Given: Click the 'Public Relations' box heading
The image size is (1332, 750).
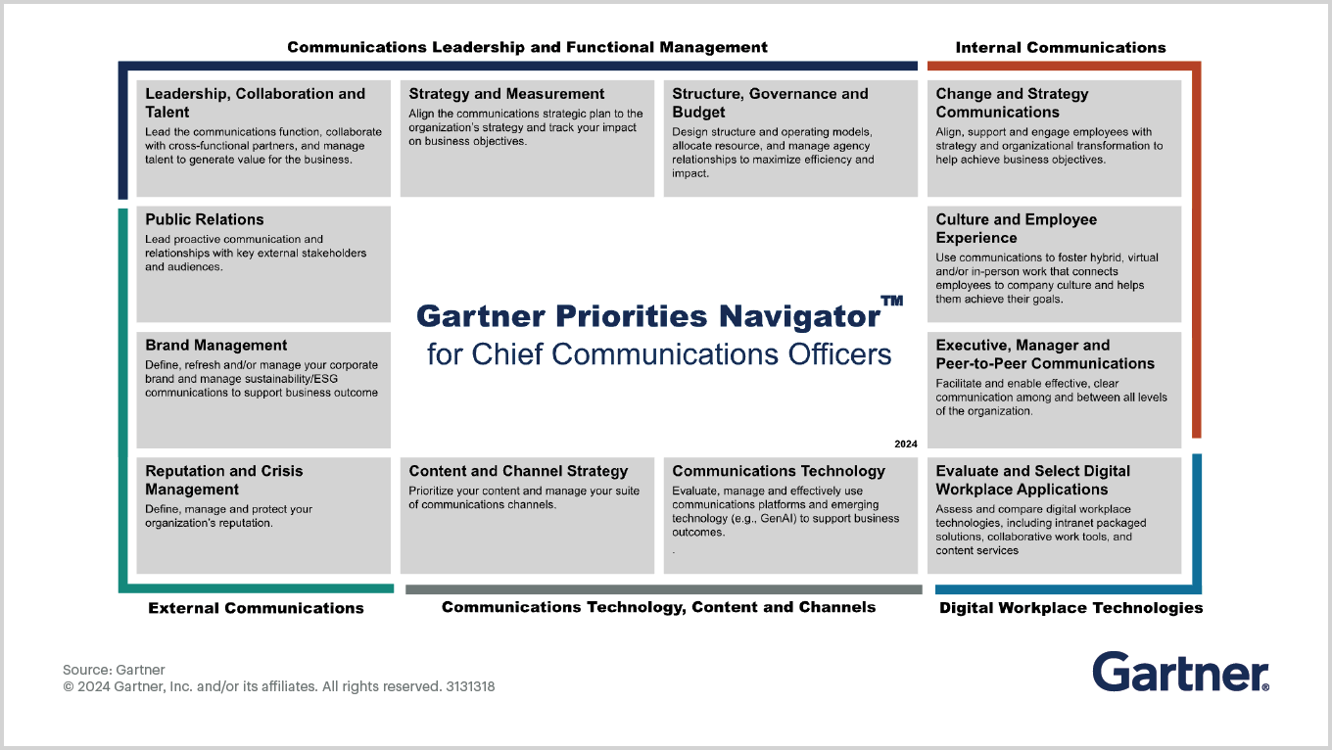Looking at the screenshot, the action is [x=204, y=219].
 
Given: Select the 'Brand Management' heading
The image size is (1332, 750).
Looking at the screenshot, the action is [x=215, y=346].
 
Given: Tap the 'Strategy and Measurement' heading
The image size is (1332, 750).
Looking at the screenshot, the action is [x=506, y=94].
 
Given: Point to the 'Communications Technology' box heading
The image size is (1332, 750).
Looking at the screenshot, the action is [x=779, y=471].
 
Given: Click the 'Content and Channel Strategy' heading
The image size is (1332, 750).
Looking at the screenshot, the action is [x=518, y=471].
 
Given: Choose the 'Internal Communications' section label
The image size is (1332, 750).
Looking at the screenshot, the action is [x=1061, y=48].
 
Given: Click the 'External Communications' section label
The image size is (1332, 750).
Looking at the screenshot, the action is [x=256, y=608].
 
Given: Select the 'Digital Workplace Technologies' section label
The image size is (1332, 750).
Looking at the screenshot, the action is [x=1070, y=608].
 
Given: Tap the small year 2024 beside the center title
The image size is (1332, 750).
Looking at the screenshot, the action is [x=906, y=444].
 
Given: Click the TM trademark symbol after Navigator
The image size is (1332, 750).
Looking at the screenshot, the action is [x=892, y=301].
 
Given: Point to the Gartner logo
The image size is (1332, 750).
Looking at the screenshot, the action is [x=1180, y=672].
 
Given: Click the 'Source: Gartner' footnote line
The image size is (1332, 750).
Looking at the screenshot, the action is [x=114, y=670].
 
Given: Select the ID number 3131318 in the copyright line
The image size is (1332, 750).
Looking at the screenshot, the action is [x=470, y=686].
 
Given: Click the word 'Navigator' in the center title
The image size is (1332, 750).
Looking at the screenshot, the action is [x=799, y=316].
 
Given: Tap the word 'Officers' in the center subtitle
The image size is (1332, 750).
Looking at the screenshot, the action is [x=839, y=354].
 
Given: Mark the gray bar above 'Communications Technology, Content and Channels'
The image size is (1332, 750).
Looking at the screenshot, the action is [x=664, y=589].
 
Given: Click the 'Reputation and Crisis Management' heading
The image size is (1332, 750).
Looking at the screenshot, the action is [x=224, y=480].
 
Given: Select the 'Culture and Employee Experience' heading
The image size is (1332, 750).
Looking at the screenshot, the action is [x=1017, y=229].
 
